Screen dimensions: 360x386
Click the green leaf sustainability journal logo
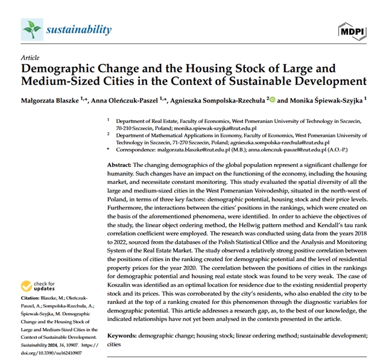pos(30,28)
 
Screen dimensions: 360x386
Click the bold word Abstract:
pos(119,165)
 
